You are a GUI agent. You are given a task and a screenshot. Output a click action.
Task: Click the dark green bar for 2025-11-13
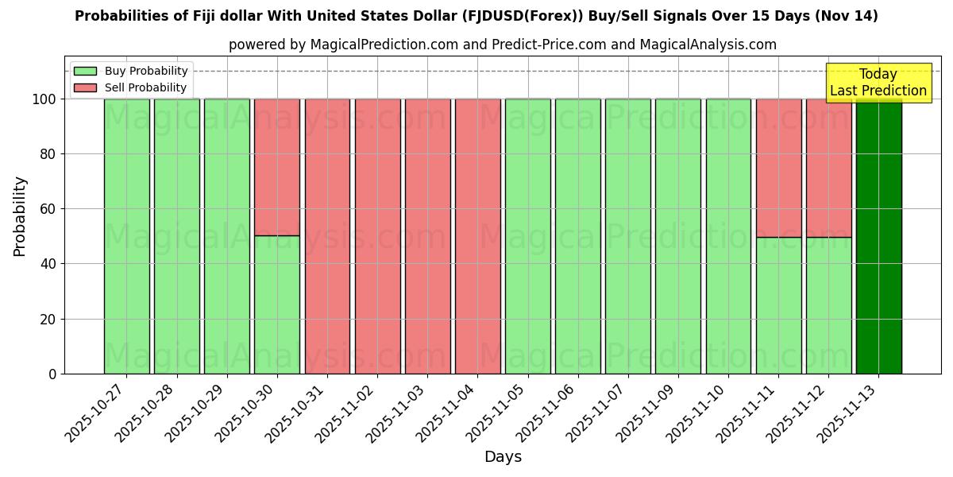click(878, 236)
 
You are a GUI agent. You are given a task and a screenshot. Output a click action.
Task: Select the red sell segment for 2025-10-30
click(277, 167)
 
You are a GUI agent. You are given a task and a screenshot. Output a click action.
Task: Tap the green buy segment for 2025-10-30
click(277, 304)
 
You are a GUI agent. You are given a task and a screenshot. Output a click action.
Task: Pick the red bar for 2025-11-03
click(427, 236)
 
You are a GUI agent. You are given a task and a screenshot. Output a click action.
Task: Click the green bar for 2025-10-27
click(126, 236)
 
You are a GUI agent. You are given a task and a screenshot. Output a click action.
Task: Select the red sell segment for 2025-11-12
click(828, 168)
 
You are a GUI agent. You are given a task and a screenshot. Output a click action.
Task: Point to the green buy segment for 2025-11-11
click(778, 305)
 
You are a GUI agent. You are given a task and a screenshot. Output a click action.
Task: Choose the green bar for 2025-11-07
click(627, 236)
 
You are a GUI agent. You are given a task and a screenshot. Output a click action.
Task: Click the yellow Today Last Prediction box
click(878, 83)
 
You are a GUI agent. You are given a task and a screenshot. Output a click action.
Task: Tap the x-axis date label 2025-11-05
click(497, 412)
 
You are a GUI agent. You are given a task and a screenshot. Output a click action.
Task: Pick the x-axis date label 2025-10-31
click(297, 412)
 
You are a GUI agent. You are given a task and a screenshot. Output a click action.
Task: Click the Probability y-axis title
click(20, 215)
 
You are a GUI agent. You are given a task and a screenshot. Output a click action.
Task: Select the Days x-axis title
click(503, 457)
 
